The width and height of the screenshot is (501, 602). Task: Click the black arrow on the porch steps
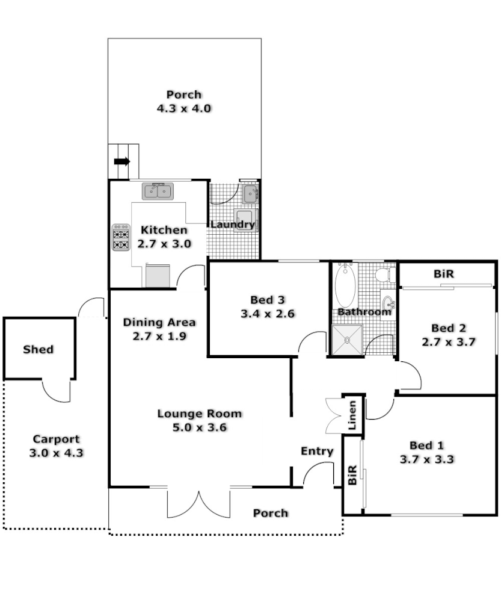tap(122, 161)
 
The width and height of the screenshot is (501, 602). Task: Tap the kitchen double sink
tap(158, 191)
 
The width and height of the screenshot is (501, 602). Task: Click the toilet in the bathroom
tap(383, 275)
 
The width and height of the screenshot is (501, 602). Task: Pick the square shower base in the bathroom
tap(347, 340)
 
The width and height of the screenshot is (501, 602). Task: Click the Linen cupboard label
tap(354, 414)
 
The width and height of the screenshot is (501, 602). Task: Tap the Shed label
tap(38, 349)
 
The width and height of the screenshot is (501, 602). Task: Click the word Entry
tap(317, 451)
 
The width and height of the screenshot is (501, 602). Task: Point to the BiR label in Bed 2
tap(443, 274)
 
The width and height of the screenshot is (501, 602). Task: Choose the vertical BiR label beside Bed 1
tap(352, 476)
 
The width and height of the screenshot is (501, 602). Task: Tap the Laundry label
tap(232, 225)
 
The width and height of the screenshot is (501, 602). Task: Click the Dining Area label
tap(159, 322)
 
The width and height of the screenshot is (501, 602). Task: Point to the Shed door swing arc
tap(57, 393)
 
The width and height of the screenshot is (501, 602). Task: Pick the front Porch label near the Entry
tap(270, 513)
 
